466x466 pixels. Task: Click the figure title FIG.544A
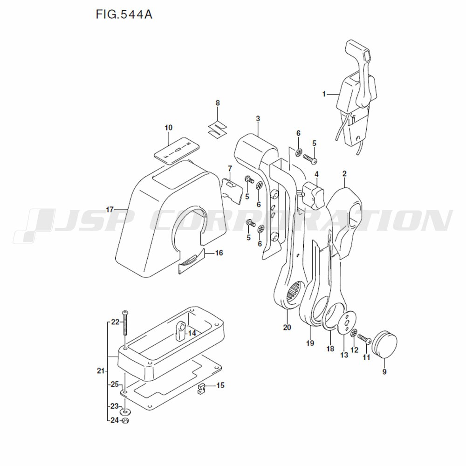click(x=123, y=14)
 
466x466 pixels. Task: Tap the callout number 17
click(x=110, y=210)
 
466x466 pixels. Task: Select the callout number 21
click(x=100, y=371)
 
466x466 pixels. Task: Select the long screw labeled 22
click(x=125, y=326)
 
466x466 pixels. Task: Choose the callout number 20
click(x=287, y=327)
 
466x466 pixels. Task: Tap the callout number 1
click(x=324, y=94)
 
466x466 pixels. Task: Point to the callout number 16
click(x=219, y=253)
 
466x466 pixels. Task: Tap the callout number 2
click(x=344, y=174)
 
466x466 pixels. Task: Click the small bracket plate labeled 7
click(x=233, y=189)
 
